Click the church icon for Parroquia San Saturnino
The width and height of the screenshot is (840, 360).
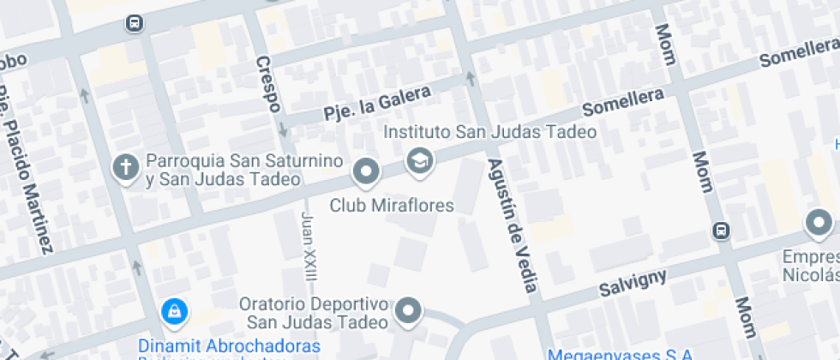(126, 167)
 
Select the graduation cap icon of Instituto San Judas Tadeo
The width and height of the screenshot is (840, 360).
(419, 160)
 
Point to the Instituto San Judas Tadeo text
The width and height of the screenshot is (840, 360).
(489, 133)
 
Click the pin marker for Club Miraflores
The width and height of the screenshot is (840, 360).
(367, 172)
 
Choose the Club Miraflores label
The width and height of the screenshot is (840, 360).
(392, 206)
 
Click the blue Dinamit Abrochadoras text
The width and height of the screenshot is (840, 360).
(229, 346)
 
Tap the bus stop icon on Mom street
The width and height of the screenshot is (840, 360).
(722, 230)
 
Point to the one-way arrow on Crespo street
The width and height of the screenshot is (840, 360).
(283, 130)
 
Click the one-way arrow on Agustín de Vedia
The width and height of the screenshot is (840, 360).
(470, 79)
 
